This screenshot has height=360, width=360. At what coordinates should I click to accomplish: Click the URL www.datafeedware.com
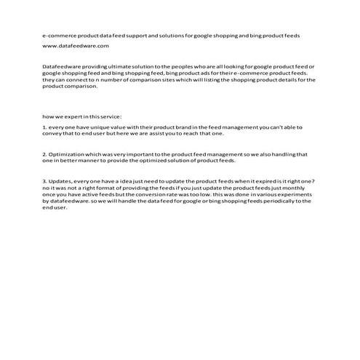click(x=76, y=45)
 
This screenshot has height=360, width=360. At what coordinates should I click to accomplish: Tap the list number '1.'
click(x=45, y=127)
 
